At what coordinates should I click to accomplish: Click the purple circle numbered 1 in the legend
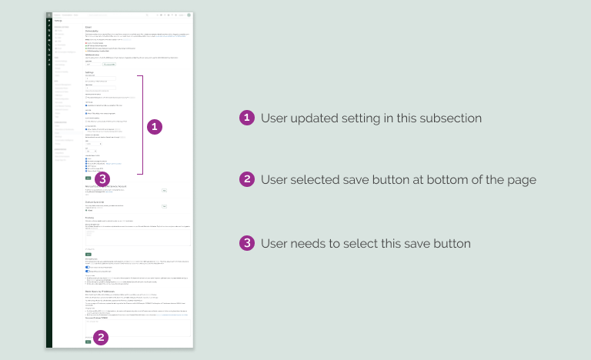[246, 118]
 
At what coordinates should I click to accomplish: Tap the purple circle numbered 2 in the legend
[246, 179]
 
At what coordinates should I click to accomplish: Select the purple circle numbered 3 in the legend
[246, 243]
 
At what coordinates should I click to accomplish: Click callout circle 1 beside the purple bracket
[155, 125]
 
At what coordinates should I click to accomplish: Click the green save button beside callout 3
[88, 178]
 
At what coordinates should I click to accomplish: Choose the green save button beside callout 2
[88, 342]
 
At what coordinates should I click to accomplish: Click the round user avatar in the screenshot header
[189, 15]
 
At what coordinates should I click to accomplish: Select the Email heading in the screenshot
[88, 27]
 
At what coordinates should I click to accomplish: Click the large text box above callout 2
[138, 328]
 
